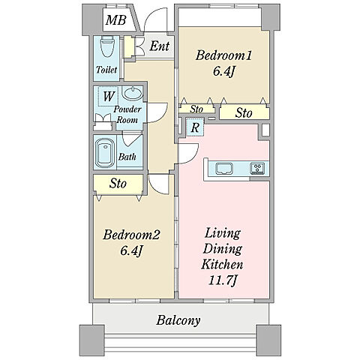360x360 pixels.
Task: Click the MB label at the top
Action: coord(115,20)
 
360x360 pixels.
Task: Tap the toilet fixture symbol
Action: coord(107,46)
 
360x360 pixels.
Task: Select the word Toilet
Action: coord(106,70)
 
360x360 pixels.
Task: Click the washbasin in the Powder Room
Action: coord(133,93)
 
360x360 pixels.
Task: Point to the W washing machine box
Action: coord(108,96)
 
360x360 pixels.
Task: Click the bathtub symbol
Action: coord(105,153)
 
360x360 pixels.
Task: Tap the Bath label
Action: coord(127,157)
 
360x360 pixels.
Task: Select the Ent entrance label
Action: coord(160,46)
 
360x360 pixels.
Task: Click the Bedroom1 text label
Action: coord(223,55)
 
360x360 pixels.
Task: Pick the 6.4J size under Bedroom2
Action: coord(131,250)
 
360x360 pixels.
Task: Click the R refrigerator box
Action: coord(195,127)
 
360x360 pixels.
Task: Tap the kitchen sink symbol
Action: coord(224,168)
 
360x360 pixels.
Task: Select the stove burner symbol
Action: coord(257,168)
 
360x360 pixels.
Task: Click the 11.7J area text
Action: coord(222,280)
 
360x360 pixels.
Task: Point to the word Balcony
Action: coord(178,320)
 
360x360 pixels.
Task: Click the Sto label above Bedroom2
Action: coord(118,183)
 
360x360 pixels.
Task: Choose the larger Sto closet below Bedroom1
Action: coord(244,112)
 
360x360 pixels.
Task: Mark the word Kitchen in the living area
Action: coord(222,264)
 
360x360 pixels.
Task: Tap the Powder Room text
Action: coord(127,115)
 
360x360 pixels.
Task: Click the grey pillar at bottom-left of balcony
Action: coord(92,340)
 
